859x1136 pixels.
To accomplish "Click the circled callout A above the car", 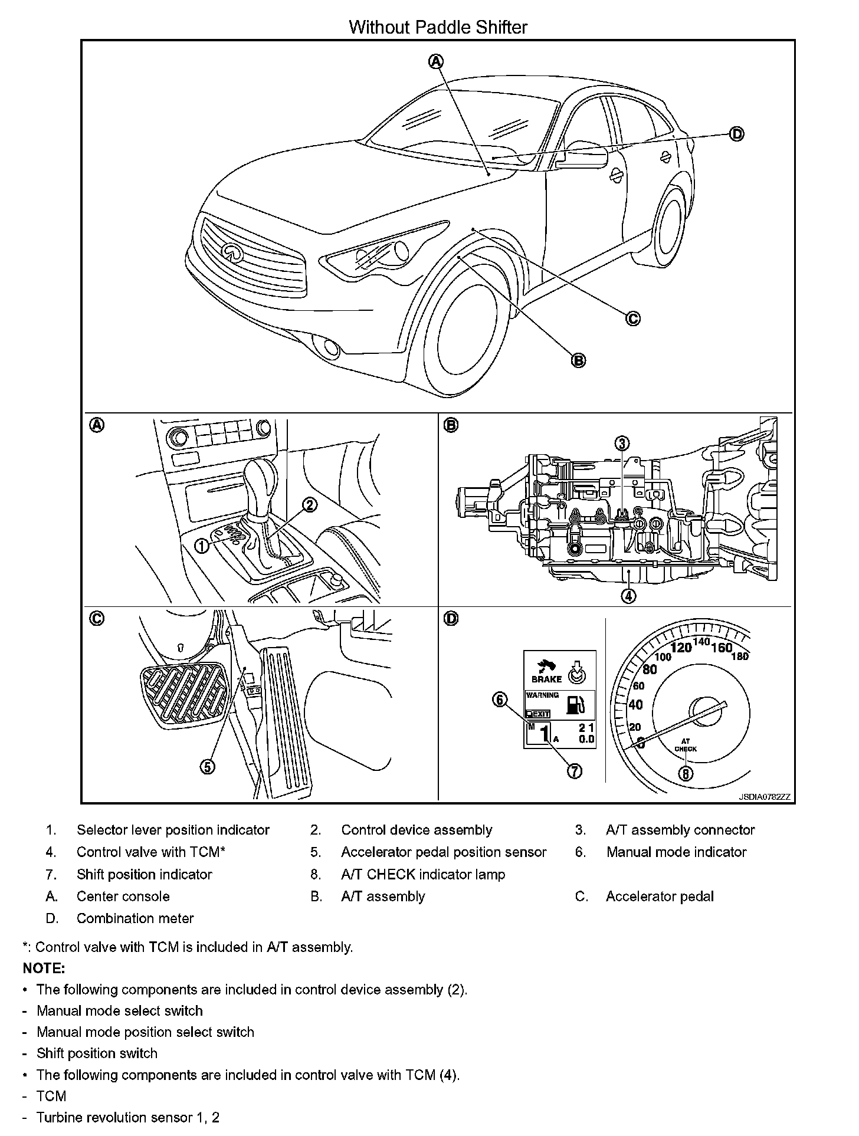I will tap(436, 61).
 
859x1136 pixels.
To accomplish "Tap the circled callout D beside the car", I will tap(737, 134).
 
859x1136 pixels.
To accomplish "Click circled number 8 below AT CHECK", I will tap(686, 773).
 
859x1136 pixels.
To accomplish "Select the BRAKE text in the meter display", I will tap(547, 679).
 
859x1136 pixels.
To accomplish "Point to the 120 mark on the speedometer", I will tap(681, 648).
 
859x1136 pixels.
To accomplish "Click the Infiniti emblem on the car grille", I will tap(232, 252).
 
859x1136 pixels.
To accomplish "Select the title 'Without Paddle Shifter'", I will tap(438, 27).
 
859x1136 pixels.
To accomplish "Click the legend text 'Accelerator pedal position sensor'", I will tap(444, 852).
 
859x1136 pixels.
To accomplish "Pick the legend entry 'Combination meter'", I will tap(135, 918).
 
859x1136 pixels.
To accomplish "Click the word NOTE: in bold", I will tap(44, 968).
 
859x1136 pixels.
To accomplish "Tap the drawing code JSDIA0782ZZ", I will tap(764, 797).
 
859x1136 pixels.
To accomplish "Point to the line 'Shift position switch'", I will tap(97, 1053).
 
